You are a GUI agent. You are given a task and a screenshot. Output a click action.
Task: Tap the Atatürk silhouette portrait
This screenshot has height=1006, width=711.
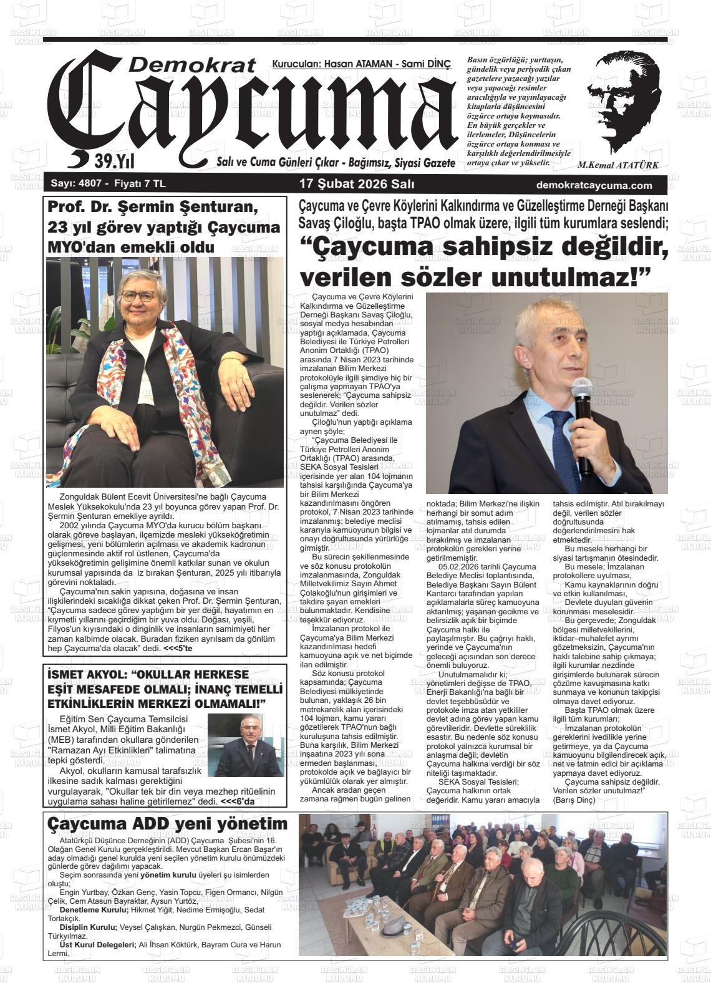click(x=624, y=100)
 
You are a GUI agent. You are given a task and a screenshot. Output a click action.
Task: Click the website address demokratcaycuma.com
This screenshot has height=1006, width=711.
click(x=594, y=185)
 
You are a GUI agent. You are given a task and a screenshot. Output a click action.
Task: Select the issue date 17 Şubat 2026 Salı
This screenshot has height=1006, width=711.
click(x=357, y=185)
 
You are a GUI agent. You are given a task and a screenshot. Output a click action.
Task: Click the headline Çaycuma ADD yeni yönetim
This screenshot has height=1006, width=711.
click(x=168, y=823)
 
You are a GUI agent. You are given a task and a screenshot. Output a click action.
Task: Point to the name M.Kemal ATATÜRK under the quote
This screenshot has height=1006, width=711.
click(x=618, y=166)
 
